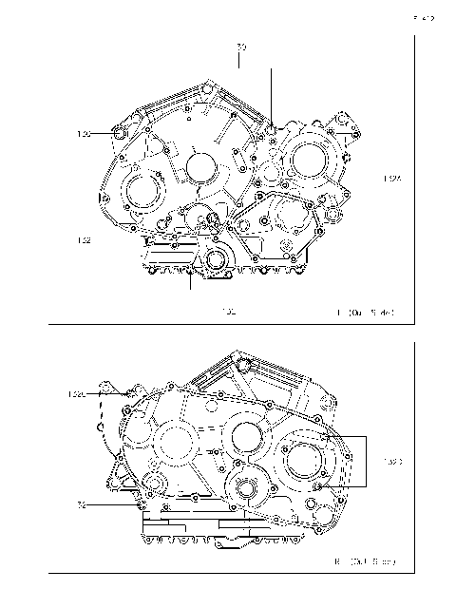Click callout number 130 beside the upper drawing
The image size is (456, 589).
85,135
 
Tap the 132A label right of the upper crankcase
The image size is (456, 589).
392,178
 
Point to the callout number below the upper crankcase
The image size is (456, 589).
228,311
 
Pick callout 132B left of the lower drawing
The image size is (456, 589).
77,393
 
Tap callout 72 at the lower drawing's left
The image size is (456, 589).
83,505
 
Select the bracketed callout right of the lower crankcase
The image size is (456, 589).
392,463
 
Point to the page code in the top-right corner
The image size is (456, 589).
423,16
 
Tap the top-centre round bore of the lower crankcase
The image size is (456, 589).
242,437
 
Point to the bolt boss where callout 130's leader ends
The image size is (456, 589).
118,135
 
